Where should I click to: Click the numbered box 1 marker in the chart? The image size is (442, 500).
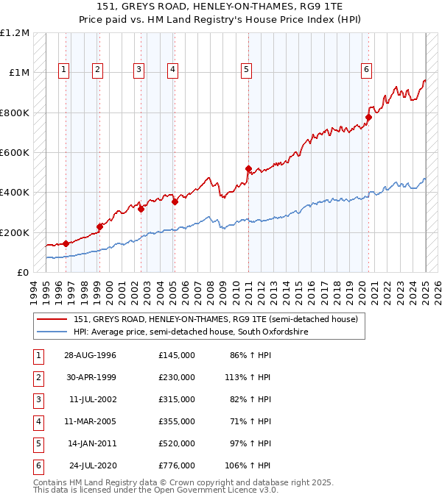tap(64, 70)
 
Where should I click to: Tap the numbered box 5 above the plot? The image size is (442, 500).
tap(246, 70)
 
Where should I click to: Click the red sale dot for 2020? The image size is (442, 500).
tap(369, 117)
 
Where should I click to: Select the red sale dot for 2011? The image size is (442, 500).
tap(248, 168)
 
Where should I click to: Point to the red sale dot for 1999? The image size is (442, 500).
tap(99, 226)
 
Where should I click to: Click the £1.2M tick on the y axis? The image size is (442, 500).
tap(15, 33)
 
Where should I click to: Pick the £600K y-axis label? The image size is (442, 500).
tap(15, 152)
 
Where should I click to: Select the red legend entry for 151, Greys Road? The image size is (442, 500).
tap(215, 319)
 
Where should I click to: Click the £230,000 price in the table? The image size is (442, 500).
tap(176, 377)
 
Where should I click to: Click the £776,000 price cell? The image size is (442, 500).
tap(176, 465)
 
